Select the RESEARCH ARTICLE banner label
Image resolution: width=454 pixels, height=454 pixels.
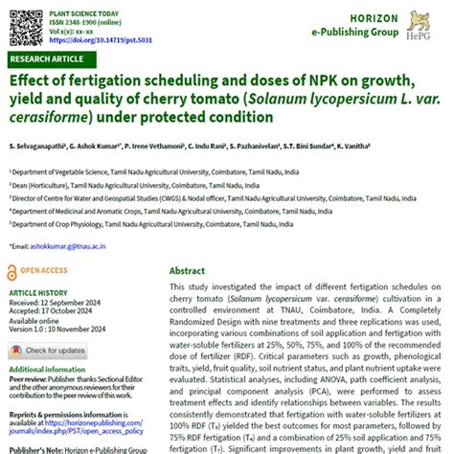(x=40, y=58)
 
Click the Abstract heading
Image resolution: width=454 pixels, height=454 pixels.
(x=187, y=271)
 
